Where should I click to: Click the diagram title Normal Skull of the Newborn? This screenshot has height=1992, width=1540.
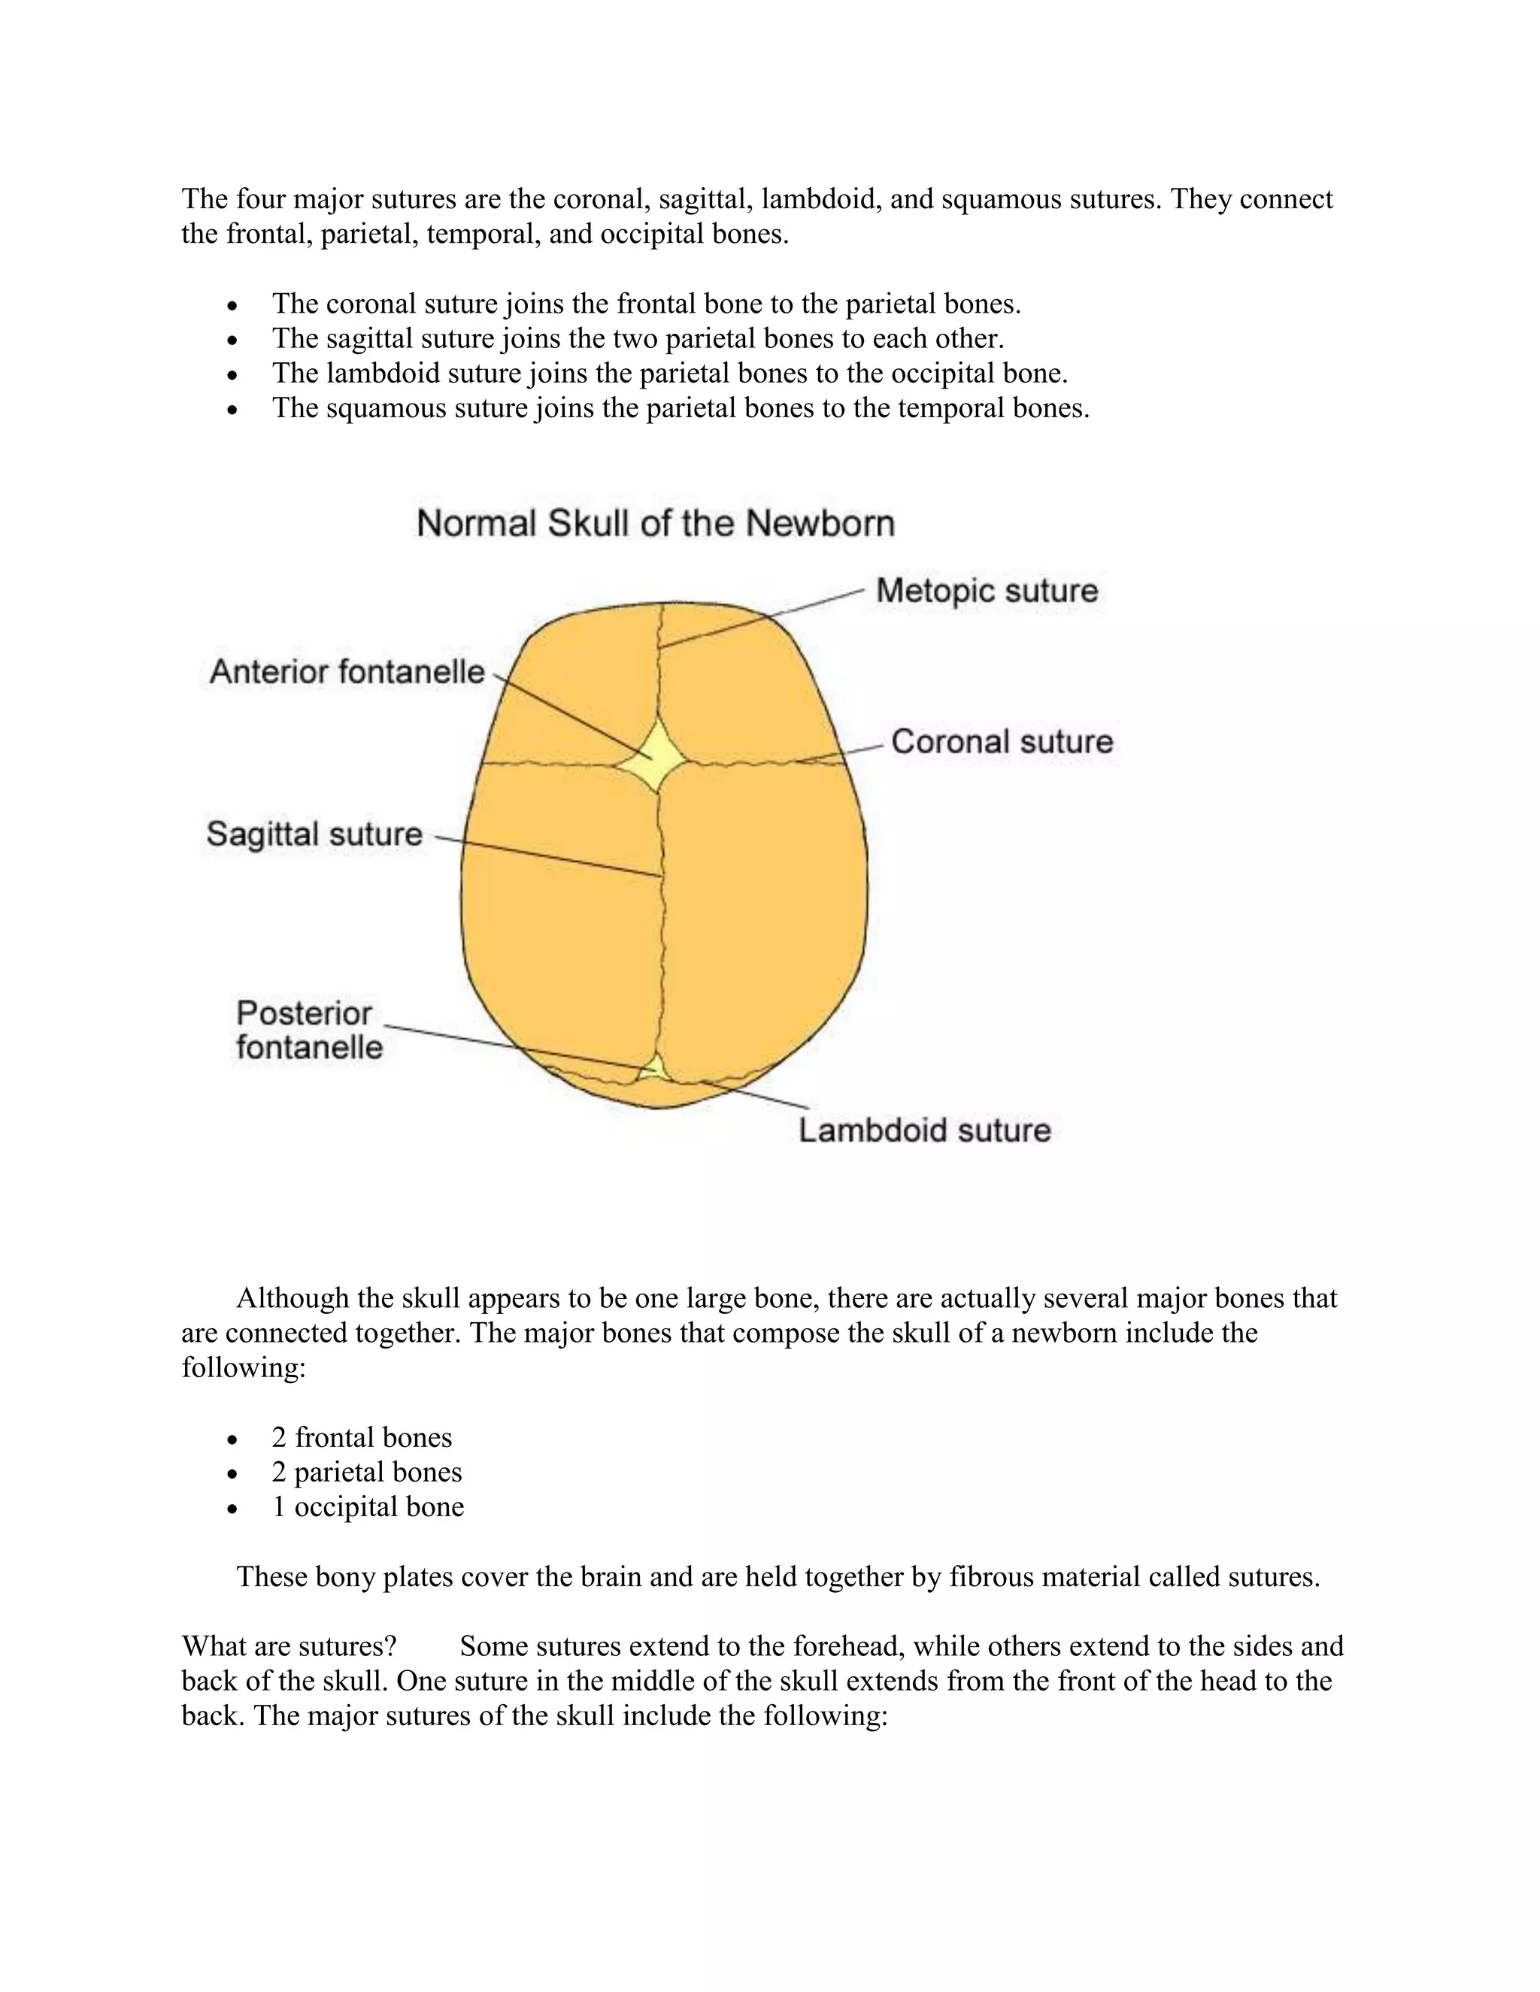click(655, 523)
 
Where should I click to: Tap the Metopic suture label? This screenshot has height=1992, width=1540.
click(987, 591)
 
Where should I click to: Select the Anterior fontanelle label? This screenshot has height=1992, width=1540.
click(347, 672)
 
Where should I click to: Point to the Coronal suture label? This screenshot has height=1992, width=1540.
click(1002, 741)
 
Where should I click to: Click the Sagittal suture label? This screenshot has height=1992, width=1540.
click(314, 834)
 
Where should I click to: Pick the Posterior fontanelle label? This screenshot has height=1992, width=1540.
click(308, 1031)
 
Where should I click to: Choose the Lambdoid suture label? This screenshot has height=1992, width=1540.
click(924, 1131)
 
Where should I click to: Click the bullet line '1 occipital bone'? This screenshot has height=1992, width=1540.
click(368, 1506)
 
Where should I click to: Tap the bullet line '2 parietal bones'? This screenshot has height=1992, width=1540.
click(367, 1472)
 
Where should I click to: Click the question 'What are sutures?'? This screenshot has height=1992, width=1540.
click(288, 1646)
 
